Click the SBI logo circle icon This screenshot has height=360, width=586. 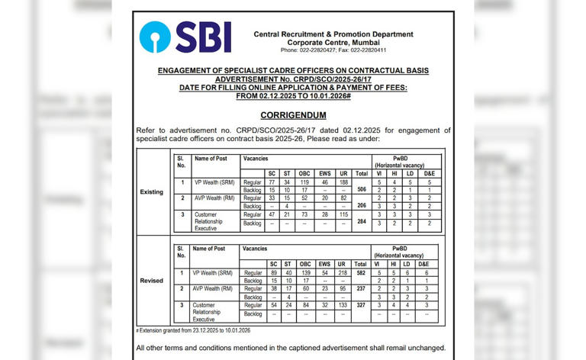[155, 37]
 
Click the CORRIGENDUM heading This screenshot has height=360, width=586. [293, 114]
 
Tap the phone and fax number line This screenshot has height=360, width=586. [333, 50]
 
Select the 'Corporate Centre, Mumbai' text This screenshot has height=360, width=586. [333, 43]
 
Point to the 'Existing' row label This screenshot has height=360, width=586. [152, 192]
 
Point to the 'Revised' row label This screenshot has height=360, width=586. [152, 281]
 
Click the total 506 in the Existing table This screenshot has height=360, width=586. [362, 188]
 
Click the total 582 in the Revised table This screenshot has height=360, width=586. [362, 272]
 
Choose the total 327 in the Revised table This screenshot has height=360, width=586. [362, 304]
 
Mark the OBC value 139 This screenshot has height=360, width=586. [304, 272]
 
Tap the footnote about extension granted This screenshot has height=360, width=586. [195, 329]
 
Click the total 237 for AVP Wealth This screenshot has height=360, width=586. [362, 288]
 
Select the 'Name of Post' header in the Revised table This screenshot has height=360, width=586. [210, 248]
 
